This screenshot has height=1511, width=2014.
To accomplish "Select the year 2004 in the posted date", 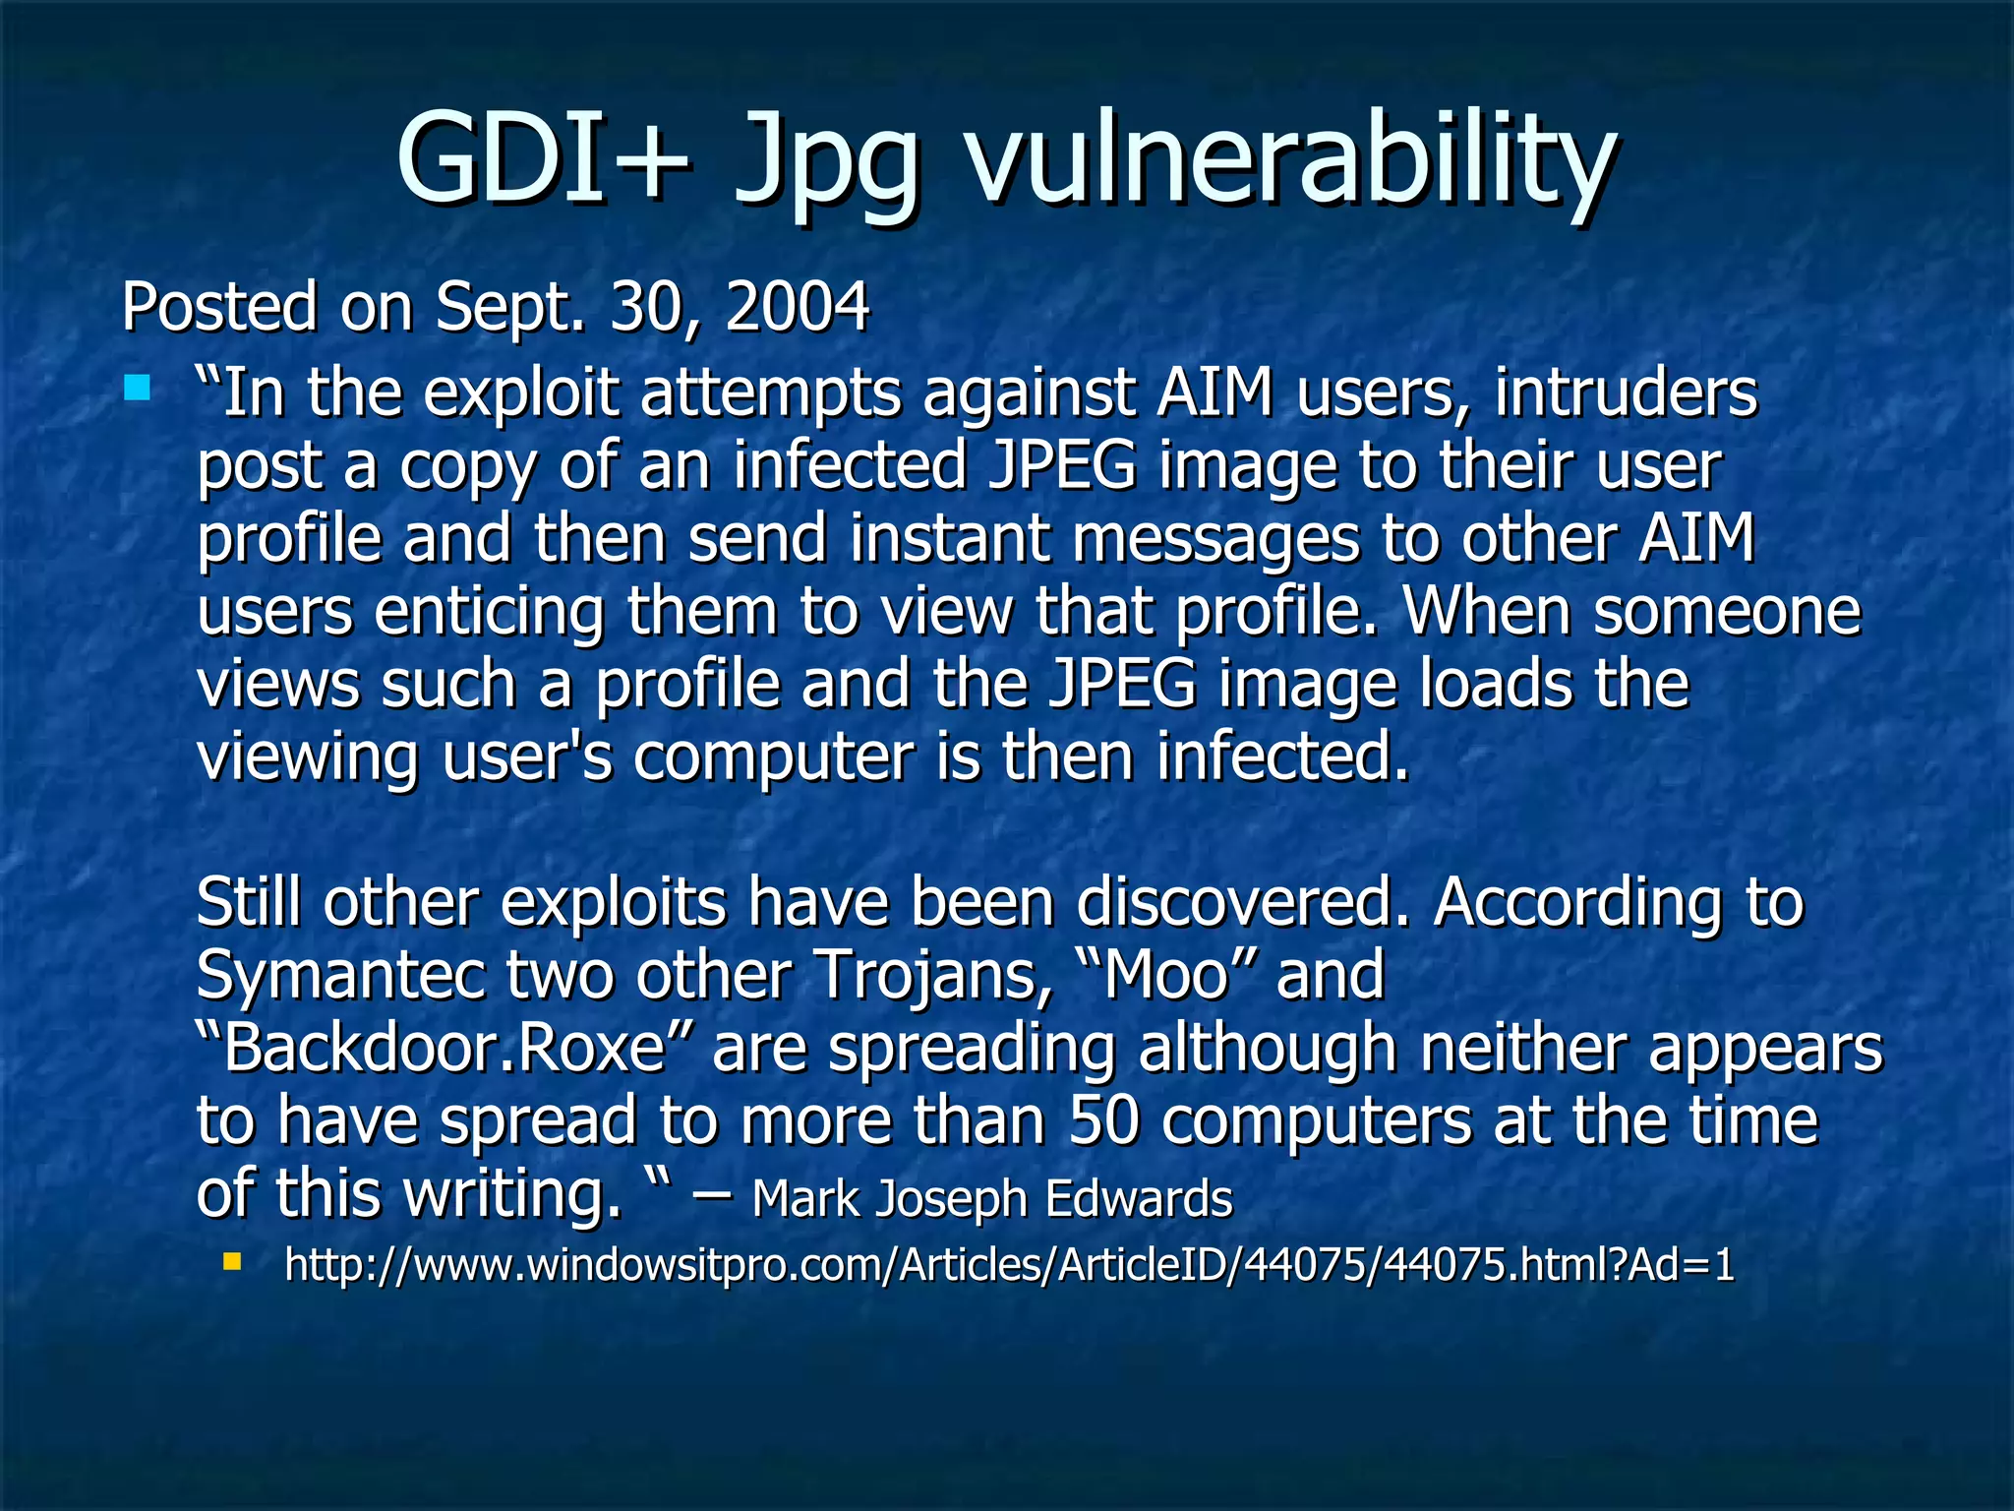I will point(797,306).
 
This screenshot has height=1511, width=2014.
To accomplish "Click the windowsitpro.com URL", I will point(1009,1265).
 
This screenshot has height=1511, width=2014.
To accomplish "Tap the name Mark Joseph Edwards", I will point(991,1198).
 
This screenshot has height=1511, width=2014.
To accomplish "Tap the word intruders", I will point(1626,393).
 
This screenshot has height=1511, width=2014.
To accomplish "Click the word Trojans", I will point(933,976).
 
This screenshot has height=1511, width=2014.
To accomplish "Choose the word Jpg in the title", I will point(826,162).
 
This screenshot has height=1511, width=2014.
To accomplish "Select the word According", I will point(1577,904).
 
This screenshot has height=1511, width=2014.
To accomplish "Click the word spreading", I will point(972,1050).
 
